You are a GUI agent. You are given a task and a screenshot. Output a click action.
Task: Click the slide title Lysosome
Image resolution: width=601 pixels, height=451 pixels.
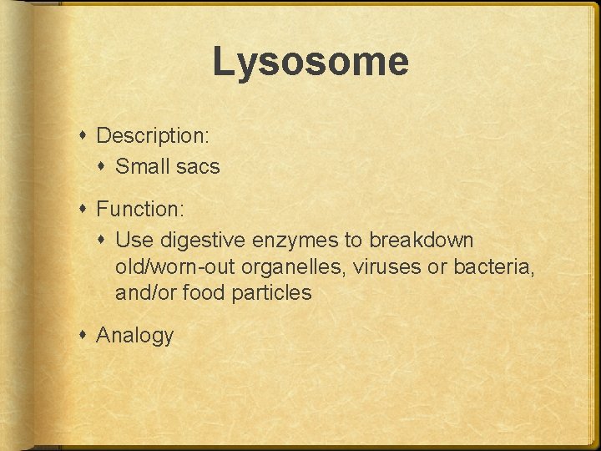point(310,63)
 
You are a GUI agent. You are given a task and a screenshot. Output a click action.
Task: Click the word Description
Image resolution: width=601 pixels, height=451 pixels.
point(151,134)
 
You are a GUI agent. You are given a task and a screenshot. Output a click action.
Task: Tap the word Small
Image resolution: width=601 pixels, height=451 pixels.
point(142,166)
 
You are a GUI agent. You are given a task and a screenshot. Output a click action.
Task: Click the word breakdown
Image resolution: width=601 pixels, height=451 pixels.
point(422,241)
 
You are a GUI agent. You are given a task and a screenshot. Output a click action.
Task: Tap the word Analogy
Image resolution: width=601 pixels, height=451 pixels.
point(135,336)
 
